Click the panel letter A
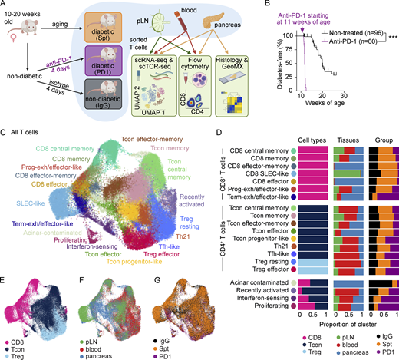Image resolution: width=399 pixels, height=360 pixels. point(5,5)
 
